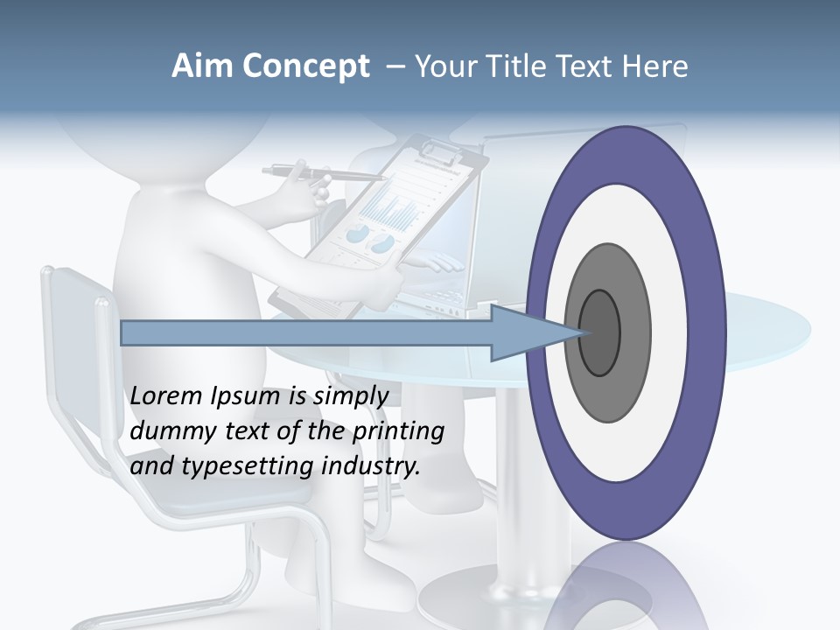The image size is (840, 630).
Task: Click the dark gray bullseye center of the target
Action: click(600, 333)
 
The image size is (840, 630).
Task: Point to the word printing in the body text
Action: click(398, 431)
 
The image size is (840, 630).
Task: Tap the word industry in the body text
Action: click(370, 466)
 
